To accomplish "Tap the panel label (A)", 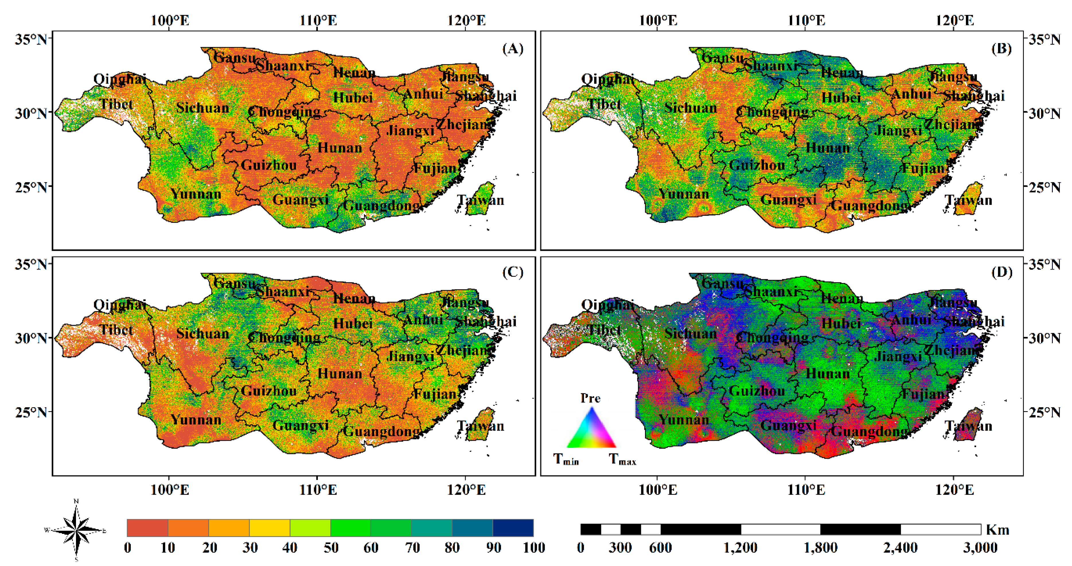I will [513, 49].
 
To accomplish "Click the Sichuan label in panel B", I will [691, 108].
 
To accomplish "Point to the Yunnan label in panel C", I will [196, 419].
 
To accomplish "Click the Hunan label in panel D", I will [828, 373].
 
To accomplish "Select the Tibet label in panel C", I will [116, 330].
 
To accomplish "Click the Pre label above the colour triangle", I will [590, 398].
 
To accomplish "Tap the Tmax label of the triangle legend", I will [622, 459].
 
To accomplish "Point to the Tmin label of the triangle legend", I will [566, 459].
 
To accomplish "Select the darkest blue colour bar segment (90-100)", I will [513, 528].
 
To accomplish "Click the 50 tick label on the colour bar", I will [331, 548].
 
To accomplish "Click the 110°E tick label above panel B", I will [806, 20].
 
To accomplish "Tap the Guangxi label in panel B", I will [788, 200].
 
